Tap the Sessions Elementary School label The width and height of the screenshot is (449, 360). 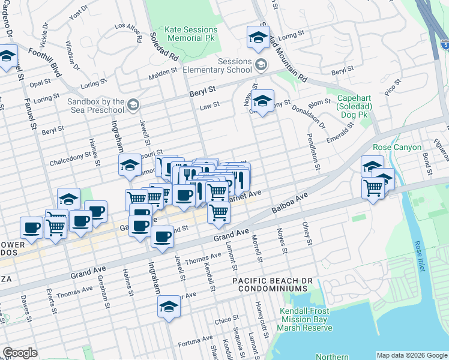click(x=226, y=65)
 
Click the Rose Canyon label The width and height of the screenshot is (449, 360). click(x=397, y=146)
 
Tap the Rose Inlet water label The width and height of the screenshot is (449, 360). click(x=418, y=256)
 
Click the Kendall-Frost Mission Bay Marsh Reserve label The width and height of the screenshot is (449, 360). click(x=306, y=319)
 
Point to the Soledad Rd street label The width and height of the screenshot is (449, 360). click(x=165, y=47)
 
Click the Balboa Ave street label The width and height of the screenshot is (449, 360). click(x=289, y=203)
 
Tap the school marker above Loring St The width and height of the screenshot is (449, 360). click(x=258, y=38)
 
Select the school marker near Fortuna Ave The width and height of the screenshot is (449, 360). click(x=169, y=307)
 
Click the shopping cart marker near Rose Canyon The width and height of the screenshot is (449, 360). click(x=373, y=188)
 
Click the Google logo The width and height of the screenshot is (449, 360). click(x=20, y=353)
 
